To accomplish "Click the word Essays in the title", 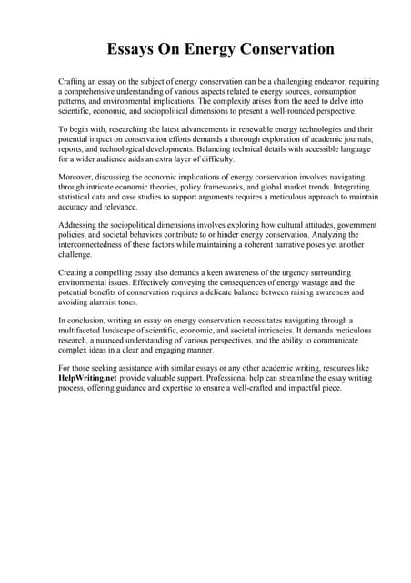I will tap(133, 48).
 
